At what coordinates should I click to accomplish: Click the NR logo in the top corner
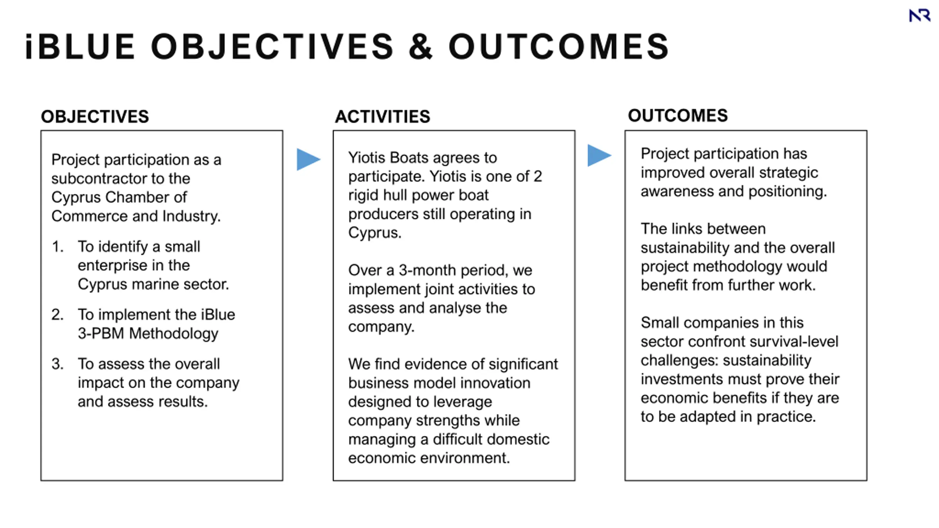920,16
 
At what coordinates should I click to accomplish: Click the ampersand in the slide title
420,47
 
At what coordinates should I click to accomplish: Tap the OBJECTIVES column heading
95,117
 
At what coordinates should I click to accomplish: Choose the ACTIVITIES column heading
382,117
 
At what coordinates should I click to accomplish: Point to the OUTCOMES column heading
678,115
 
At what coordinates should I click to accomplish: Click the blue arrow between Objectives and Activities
308,159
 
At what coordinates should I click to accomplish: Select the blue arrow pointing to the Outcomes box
599,155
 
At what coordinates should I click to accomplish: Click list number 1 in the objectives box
58,247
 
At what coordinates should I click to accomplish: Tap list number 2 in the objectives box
58,315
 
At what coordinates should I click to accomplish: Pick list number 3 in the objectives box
58,364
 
